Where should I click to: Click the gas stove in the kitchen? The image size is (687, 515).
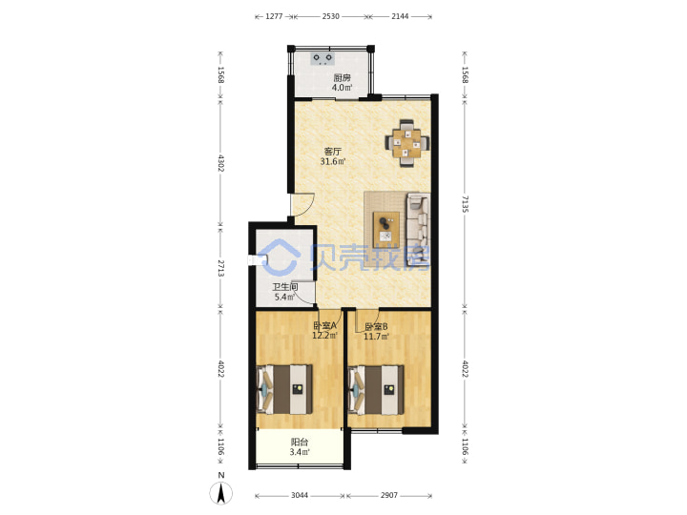pyautogui.click(x=323, y=59)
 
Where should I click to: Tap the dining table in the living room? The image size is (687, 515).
pyautogui.click(x=407, y=143)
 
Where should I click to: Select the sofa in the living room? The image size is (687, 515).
pyautogui.click(x=419, y=230)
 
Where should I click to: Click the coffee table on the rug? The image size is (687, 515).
pyautogui.click(x=386, y=230)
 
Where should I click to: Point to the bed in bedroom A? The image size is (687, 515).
pyautogui.click(x=284, y=389)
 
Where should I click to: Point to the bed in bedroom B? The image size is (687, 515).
pyautogui.click(x=376, y=390)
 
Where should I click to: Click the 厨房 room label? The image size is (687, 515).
pyautogui.click(x=342, y=78)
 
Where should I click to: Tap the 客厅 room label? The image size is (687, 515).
pyautogui.click(x=333, y=152)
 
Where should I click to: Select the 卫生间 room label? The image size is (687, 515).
pyautogui.click(x=285, y=287)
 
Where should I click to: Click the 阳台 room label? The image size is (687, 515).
pyautogui.click(x=300, y=443)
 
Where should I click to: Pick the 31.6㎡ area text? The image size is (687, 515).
pyautogui.click(x=333, y=162)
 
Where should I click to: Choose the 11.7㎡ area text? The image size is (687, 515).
pyautogui.click(x=376, y=337)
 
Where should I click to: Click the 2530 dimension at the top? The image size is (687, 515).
pyautogui.click(x=331, y=16)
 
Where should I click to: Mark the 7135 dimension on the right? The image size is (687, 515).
pyautogui.click(x=465, y=204)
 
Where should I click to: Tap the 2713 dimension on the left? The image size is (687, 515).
pyautogui.click(x=220, y=268)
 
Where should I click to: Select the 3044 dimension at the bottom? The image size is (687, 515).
pyautogui.click(x=300, y=495)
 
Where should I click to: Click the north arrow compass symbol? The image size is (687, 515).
pyautogui.click(x=221, y=494)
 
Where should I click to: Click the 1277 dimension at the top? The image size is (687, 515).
pyautogui.click(x=274, y=16)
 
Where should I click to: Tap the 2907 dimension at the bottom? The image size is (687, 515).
pyautogui.click(x=389, y=495)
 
